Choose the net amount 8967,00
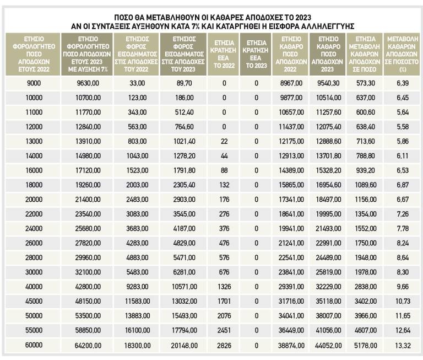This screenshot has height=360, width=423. [x=290, y=83]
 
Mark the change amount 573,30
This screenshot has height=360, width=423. [x=365, y=83]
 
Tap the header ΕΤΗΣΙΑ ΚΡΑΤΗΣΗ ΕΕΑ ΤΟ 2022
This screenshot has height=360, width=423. [x=224, y=53]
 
